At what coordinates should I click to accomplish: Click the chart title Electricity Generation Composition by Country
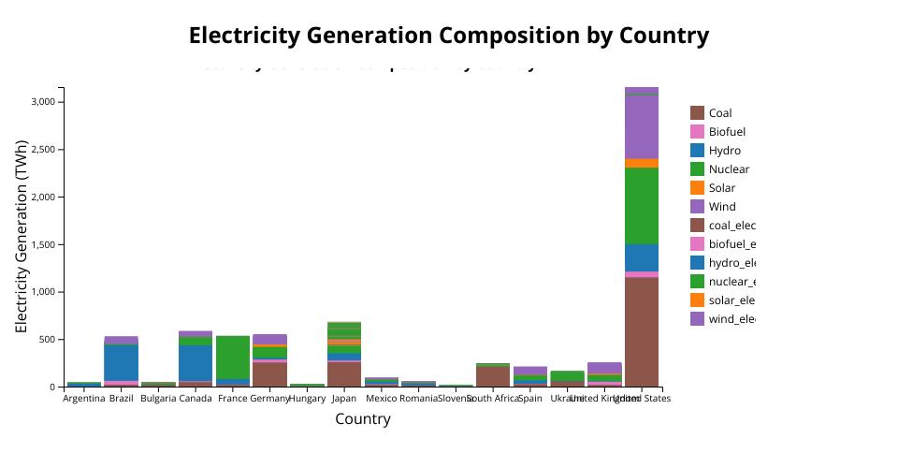click(x=449, y=36)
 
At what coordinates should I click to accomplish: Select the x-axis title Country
click(x=363, y=419)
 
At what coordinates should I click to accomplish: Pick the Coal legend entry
click(x=720, y=113)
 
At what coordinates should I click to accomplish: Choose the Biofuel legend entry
click(x=727, y=132)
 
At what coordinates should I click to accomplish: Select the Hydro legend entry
click(x=725, y=151)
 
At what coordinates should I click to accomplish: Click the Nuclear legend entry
click(x=729, y=169)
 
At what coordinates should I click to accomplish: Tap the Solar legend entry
click(x=721, y=188)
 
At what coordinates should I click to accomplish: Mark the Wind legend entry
click(x=722, y=207)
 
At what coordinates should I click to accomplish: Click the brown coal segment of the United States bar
click(x=642, y=331)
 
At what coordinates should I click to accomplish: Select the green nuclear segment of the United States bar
click(x=642, y=206)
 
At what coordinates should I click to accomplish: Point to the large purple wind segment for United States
click(x=642, y=126)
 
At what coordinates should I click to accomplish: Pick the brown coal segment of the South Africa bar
click(x=493, y=375)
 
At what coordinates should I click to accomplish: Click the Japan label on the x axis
click(x=344, y=399)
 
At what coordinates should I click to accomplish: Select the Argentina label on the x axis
click(x=84, y=399)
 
